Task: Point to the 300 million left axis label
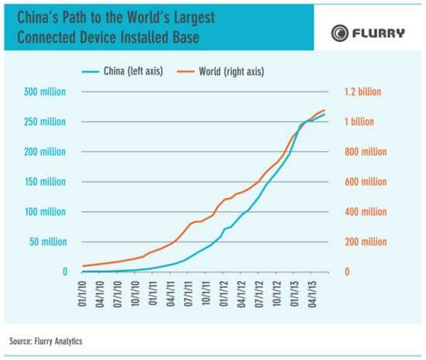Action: (44, 92)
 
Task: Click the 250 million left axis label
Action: (44, 122)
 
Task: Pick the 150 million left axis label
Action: (44, 182)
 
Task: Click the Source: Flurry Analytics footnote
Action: (46, 341)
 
